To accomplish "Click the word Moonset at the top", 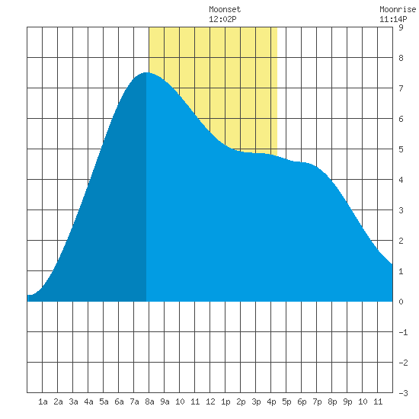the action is (225, 9).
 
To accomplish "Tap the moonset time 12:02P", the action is (222, 19).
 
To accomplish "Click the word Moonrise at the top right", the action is (398, 9).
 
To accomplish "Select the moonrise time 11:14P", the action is (393, 19).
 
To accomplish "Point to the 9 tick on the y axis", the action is (401, 27).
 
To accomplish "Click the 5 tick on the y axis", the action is (401, 149).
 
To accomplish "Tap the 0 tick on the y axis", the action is (401, 302).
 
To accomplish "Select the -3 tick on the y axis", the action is (403, 393).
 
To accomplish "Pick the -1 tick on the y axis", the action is (403, 332).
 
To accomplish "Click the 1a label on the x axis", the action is (43, 401).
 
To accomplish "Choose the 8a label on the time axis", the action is (149, 401).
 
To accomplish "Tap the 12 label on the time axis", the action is (210, 401).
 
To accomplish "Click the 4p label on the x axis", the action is (271, 401).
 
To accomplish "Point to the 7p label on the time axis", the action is (317, 401).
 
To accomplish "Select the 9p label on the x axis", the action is (347, 401).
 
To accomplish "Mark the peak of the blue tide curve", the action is (146, 72).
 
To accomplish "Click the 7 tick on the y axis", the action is (401, 88).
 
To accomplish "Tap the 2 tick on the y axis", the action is (401, 241).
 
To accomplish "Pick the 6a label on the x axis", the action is (119, 401).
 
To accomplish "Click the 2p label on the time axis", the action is (241, 401).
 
